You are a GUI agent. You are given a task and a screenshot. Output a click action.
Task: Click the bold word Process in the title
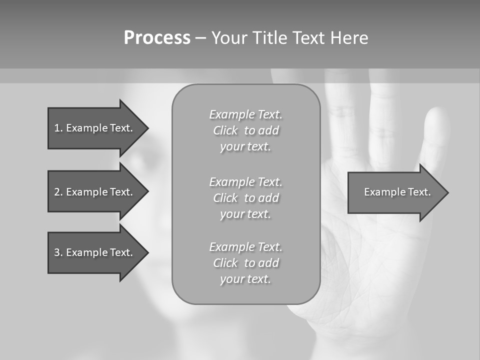point(157,38)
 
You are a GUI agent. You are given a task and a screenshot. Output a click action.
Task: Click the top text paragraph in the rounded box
point(245,130)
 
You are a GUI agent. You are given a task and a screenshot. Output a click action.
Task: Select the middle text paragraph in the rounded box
point(245,198)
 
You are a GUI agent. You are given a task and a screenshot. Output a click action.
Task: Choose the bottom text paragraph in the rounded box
point(245,263)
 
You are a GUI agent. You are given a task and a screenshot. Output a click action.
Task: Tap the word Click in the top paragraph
point(225,130)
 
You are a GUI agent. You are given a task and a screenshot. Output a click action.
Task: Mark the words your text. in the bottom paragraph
point(245,279)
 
